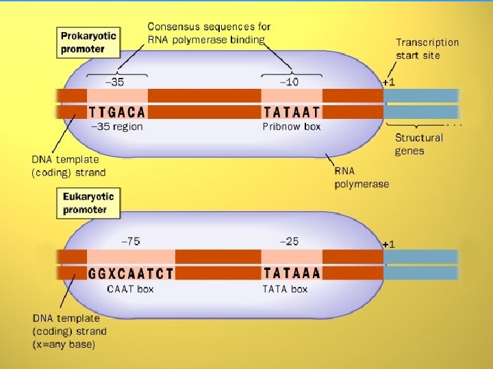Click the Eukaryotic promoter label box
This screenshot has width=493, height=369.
tap(89, 202)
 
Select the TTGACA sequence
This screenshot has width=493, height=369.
tap(117, 111)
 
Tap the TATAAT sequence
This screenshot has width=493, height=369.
tap(292, 111)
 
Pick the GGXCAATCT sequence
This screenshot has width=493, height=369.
tap(131, 273)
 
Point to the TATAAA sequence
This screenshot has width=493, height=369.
tap(292, 273)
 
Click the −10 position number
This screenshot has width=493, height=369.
tap(289, 82)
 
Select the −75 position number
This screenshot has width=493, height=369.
tap(130, 241)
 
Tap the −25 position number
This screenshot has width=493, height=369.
tap(289, 241)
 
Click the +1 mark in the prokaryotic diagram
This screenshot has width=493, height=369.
tap(388, 81)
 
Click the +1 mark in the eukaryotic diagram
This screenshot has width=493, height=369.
tap(388, 243)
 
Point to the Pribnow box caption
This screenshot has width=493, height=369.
tap(292, 126)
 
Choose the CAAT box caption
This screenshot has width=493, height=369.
tap(130, 289)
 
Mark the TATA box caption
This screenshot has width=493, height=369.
tap(285, 289)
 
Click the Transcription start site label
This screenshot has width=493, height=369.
tap(427, 49)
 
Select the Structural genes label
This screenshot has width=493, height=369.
tap(418, 144)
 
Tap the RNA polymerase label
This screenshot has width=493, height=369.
tap(361, 178)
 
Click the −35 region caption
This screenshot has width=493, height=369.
tap(117, 126)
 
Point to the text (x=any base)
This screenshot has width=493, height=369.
tap(64, 344)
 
